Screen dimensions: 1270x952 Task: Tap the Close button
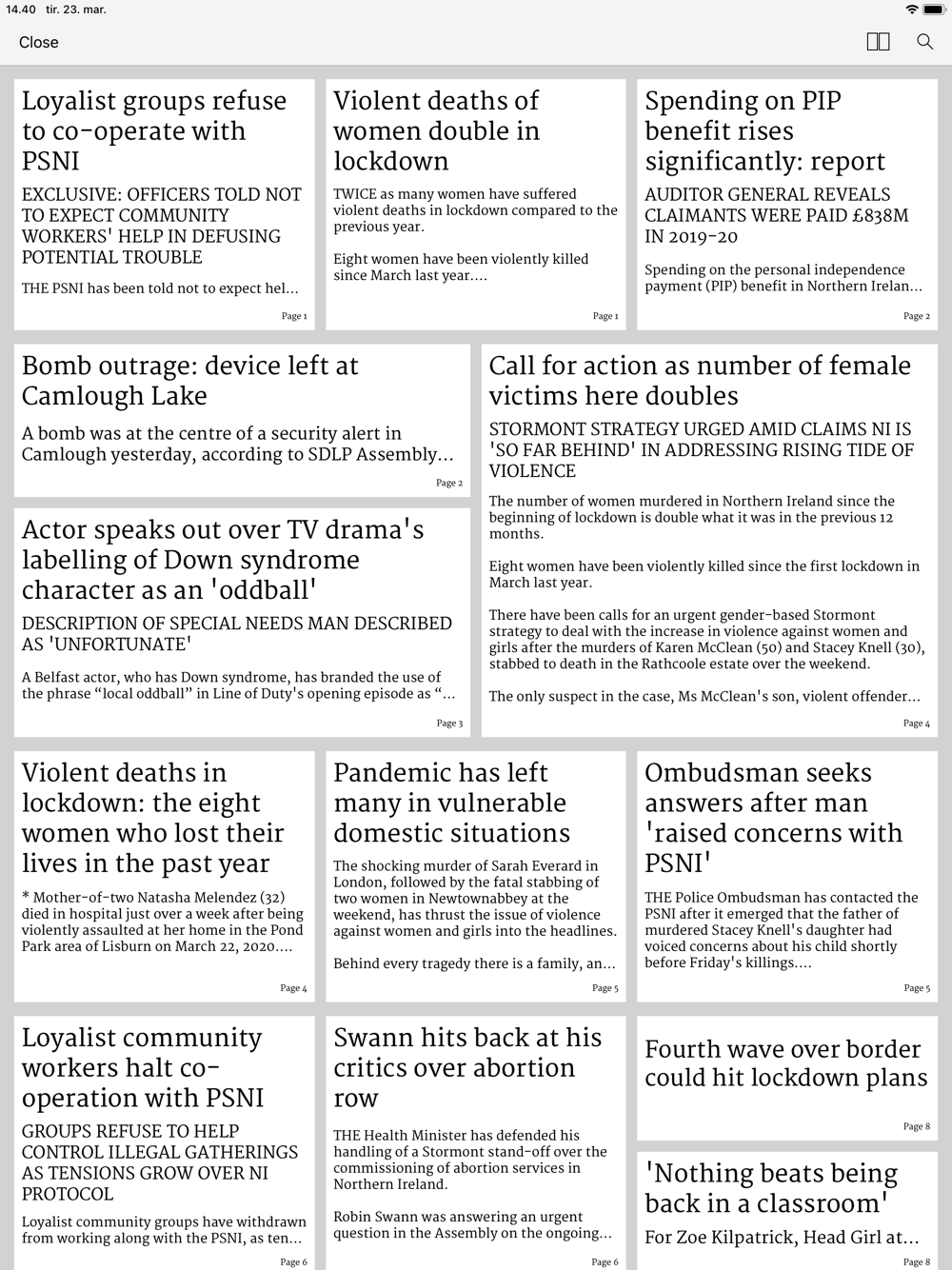[x=39, y=42]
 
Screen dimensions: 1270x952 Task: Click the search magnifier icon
[x=924, y=42]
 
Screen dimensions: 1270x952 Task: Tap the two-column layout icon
[x=878, y=42]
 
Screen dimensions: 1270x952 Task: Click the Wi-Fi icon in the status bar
[x=911, y=10]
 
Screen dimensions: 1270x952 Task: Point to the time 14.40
[x=21, y=10]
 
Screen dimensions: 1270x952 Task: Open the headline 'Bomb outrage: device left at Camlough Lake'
[x=190, y=381]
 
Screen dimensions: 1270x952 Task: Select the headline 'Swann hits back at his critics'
[x=466, y=1066]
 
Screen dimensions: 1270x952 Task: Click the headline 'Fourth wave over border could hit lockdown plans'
[x=785, y=1062]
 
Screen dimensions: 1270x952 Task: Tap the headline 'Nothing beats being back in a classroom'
[x=771, y=1187]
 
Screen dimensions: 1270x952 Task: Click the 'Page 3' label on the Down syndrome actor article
[x=449, y=724]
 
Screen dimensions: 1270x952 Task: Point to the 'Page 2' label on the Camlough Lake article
[x=449, y=483]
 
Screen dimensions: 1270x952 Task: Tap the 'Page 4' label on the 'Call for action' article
[x=916, y=724]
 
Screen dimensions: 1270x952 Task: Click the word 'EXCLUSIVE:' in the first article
[x=71, y=194]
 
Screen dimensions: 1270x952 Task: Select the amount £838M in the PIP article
[x=869, y=216]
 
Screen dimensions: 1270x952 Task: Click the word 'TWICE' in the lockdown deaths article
[x=354, y=194]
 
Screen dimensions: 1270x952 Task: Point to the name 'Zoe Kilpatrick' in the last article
[x=753, y=1238]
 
